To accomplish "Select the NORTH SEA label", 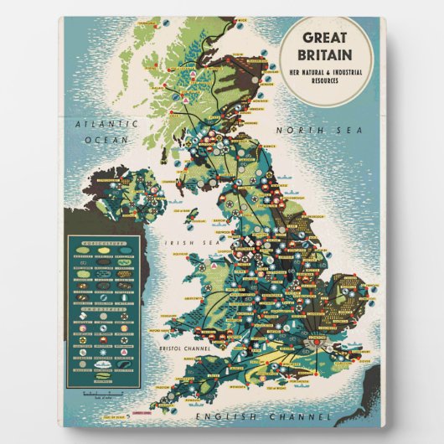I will [317, 130].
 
